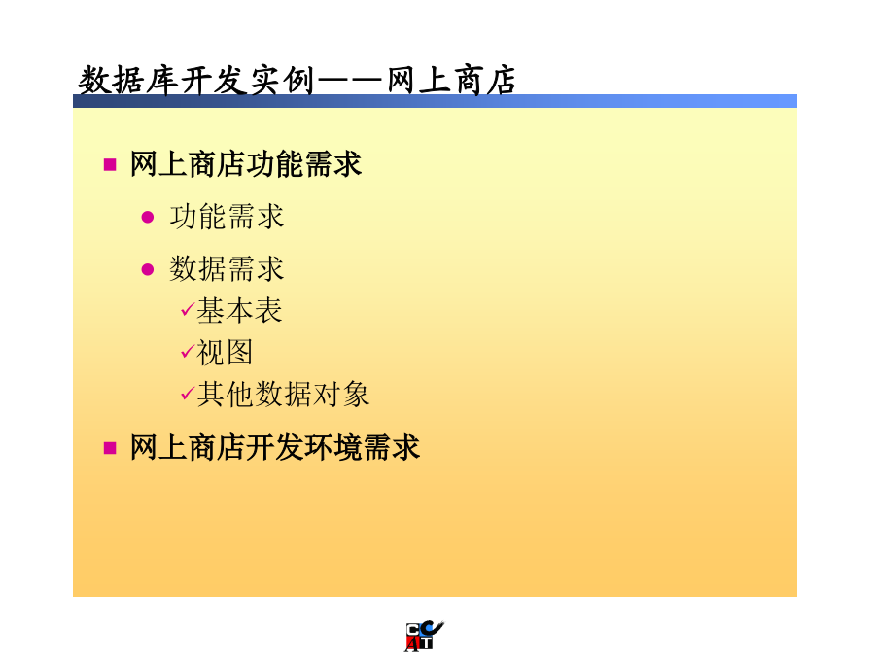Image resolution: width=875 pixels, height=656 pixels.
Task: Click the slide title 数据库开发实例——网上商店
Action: (297, 81)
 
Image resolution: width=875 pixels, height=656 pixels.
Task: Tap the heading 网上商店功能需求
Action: (246, 164)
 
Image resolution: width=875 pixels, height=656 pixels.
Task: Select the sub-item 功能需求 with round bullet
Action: (227, 217)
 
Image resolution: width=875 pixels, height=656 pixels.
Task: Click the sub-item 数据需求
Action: (227, 269)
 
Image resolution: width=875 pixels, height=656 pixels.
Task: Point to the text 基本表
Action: (239, 311)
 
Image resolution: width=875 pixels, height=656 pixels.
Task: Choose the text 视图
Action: (225, 353)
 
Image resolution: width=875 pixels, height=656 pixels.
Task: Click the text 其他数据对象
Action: (283, 395)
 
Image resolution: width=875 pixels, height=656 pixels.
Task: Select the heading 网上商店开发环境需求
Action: (275, 447)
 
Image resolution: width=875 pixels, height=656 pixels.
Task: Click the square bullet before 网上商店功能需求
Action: (110, 164)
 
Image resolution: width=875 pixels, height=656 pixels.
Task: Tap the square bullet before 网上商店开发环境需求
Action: (110, 448)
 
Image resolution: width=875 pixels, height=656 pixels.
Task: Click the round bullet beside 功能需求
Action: (148, 217)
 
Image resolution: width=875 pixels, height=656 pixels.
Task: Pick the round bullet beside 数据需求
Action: (148, 270)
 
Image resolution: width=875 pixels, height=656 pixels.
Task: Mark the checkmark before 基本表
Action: (188, 310)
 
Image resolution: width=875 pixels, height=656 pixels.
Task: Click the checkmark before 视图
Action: (188, 352)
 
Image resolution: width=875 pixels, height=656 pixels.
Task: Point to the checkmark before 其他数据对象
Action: (188, 394)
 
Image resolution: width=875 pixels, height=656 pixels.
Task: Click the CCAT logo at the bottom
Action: (424, 636)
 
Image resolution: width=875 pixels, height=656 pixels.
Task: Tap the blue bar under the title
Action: (435, 101)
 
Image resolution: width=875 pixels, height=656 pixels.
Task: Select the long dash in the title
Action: (350, 82)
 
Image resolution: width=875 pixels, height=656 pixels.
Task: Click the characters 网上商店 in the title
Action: (451, 81)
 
